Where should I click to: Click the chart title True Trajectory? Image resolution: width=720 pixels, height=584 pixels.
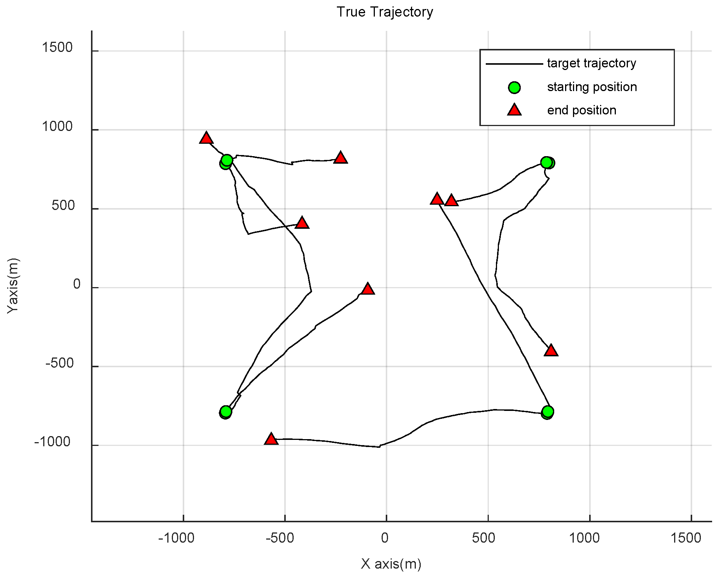385,12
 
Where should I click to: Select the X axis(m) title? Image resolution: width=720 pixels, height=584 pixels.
391,564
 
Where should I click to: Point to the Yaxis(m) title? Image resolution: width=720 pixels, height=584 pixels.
13,285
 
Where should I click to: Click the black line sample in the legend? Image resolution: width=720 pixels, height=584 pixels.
514,64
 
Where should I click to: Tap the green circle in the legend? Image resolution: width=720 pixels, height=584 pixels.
514,88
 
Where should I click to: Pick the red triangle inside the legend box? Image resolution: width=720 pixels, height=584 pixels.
514,110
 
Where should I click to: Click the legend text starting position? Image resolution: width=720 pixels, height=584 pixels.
592,87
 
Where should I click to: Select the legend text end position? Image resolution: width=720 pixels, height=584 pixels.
582,110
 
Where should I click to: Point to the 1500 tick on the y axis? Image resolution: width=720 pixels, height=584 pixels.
57,48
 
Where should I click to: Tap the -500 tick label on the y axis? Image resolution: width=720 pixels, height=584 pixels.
59,363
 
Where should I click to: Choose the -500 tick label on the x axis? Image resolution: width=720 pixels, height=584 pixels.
280,538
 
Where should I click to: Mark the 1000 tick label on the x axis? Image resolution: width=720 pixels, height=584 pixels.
584,538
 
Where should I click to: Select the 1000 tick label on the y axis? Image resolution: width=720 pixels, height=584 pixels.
57,127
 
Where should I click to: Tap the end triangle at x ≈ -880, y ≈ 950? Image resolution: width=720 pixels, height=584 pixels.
206,138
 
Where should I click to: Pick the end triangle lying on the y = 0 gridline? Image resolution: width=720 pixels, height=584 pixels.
368,289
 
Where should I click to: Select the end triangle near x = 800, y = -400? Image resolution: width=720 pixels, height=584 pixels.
551,350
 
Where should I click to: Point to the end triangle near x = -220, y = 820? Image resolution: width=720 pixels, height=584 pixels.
341,158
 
